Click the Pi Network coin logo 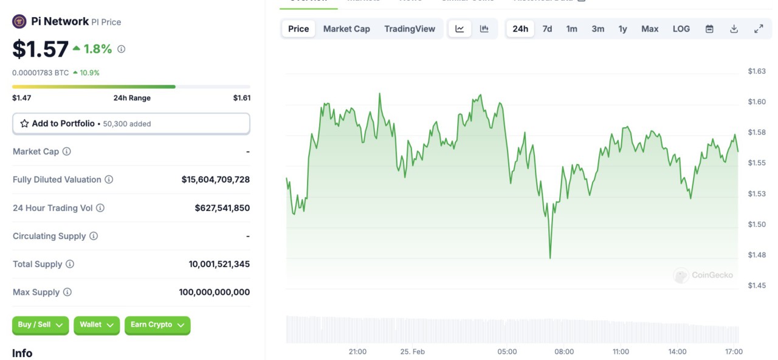pos(19,22)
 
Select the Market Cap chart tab pos(346,29)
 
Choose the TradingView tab pos(410,29)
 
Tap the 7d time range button pos(547,29)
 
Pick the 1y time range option pos(622,29)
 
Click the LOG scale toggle pos(681,29)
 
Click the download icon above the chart pos(734,29)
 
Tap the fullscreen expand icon pos(759,29)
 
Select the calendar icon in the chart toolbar pos(709,29)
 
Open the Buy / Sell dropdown pos(40,325)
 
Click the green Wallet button pos(97,325)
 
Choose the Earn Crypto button pos(157,325)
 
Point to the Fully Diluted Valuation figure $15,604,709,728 pos(215,179)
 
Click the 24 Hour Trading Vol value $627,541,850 pos(222,208)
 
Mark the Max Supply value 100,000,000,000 pos(214,292)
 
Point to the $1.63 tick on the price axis pos(756,71)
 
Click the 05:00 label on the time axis pos(507,351)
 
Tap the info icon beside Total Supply pos(70,264)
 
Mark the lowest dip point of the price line pos(550,258)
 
